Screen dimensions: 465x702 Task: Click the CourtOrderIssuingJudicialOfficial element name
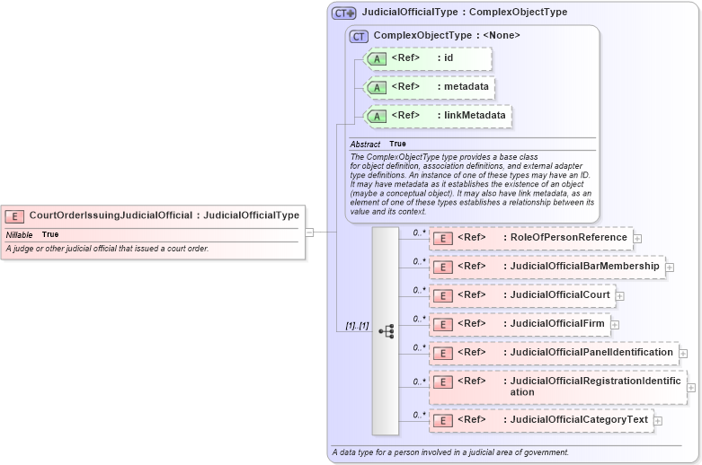(x=110, y=215)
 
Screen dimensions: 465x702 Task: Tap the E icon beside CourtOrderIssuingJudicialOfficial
(x=15, y=216)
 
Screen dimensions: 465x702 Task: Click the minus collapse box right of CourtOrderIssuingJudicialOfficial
(x=309, y=232)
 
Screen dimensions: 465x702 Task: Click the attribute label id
(x=448, y=58)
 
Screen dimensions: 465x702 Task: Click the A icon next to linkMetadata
(x=378, y=116)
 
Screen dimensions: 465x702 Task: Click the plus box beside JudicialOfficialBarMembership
(x=669, y=267)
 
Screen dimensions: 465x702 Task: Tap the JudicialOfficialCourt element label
(x=559, y=295)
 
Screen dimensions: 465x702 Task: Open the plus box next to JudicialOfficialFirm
(x=614, y=324)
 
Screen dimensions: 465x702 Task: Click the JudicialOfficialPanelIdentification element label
(x=591, y=353)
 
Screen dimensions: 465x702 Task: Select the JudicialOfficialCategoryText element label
(x=578, y=419)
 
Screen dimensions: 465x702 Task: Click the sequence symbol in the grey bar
(x=386, y=331)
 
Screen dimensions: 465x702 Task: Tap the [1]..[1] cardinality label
(x=357, y=326)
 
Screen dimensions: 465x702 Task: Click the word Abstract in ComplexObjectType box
(x=365, y=144)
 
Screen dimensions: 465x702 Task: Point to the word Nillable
(x=19, y=234)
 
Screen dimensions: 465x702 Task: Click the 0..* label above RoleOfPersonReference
(x=418, y=232)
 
